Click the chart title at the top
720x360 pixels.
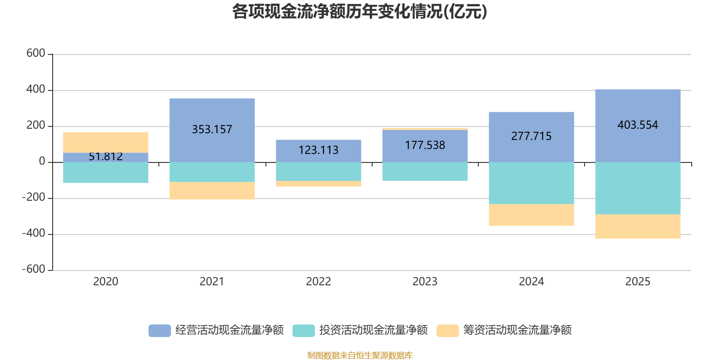[359, 12]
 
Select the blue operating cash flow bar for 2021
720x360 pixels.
[212, 112]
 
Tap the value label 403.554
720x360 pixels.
[638, 125]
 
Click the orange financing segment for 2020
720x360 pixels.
[106, 142]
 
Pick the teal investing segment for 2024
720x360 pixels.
[531, 183]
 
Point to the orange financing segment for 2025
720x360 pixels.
[638, 227]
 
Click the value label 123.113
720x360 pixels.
[319, 150]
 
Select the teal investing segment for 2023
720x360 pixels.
[425, 171]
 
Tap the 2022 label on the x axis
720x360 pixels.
[319, 282]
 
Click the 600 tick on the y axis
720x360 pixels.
[36, 54]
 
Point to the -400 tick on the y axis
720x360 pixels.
[34, 234]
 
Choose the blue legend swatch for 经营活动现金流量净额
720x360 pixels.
[159, 330]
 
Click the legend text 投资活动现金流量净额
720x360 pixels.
[373, 330]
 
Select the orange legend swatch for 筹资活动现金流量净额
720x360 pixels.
[447, 330]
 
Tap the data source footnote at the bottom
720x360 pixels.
[360, 355]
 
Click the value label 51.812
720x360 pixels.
[106, 157]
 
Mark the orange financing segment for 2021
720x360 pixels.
[212, 191]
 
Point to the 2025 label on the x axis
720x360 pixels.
[638, 282]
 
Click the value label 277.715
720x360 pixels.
[531, 136]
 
